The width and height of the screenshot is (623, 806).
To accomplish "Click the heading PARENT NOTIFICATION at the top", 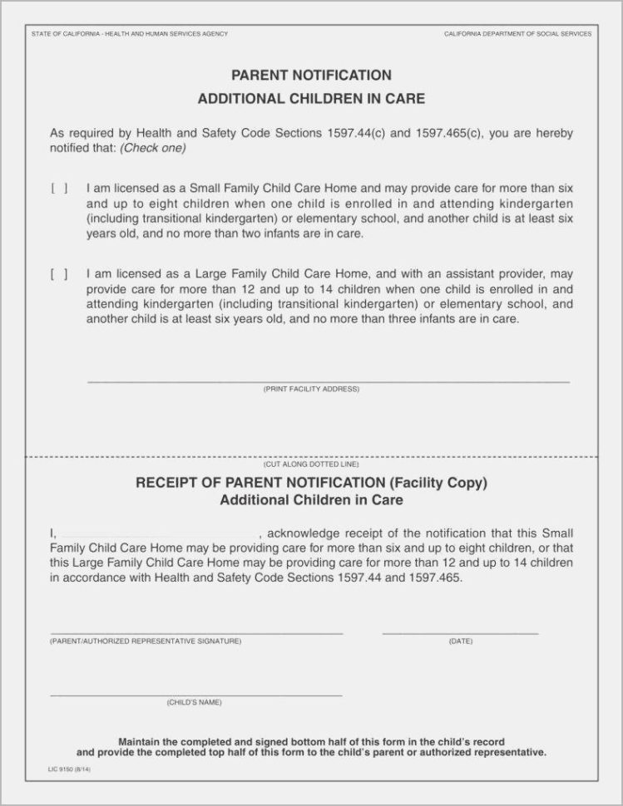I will tap(311, 76).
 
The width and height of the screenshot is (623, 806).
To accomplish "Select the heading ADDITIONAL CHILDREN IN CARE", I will tap(311, 99).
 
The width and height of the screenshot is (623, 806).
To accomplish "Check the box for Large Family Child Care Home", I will tap(59, 274).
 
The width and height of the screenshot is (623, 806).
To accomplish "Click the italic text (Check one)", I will tap(153, 149).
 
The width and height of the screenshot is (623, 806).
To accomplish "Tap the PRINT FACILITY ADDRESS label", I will tap(311, 389).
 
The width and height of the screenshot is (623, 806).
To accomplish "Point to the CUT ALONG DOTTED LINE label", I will tap(311, 465).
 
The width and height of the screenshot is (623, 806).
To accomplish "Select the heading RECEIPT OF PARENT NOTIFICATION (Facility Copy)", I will tap(311, 483).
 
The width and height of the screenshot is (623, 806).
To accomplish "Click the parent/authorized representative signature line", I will tap(196, 632).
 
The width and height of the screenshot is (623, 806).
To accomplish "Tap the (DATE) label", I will tap(460, 641).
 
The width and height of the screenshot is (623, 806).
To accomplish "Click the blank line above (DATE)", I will tap(460, 632).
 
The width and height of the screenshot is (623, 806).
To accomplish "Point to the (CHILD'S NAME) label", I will tap(195, 703).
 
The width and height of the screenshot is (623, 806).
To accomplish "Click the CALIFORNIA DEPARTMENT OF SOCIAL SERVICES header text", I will tap(517, 34).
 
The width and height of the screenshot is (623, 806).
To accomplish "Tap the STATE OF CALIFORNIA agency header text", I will tap(130, 34).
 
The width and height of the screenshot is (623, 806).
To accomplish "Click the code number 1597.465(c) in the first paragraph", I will tap(449, 134).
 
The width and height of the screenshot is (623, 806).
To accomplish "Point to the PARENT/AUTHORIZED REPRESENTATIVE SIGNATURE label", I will tap(146, 641).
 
